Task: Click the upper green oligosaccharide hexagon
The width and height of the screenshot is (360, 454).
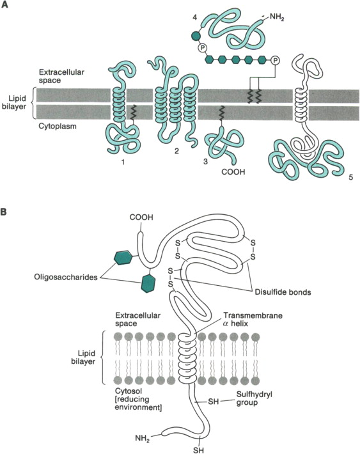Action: [123, 258]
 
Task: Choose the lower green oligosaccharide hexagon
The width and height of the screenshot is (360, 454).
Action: [147, 282]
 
